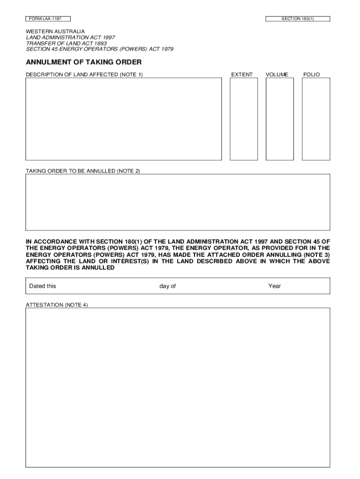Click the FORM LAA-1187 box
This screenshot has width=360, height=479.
tap(48, 19)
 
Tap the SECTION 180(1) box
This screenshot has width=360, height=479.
tap(297, 19)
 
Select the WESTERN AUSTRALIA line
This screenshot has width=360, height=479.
tap(55, 31)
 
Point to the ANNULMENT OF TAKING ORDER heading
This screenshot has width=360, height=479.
tap(84, 62)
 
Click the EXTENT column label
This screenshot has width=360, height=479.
tap(242, 75)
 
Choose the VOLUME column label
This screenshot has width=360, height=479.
tap(277, 75)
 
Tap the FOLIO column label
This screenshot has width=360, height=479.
tap(311, 75)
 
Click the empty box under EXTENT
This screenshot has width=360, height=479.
tap(244, 119)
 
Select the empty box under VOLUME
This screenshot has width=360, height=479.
tap(280, 119)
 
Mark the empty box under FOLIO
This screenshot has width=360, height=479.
tap(316, 119)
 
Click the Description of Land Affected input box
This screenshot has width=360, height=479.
tap(123, 119)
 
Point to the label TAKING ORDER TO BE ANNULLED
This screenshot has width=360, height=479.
tap(83, 171)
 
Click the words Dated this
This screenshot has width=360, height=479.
tap(43, 286)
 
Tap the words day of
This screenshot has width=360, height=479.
tap(167, 286)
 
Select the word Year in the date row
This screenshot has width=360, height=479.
tap(274, 286)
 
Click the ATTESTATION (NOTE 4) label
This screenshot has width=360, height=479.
tap(57, 305)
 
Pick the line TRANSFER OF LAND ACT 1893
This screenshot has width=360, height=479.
tap(66, 43)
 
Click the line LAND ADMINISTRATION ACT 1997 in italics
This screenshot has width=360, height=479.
tap(70, 37)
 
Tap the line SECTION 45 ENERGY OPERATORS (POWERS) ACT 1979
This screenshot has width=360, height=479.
tap(99, 49)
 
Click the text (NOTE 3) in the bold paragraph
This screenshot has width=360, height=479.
tap(317, 254)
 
